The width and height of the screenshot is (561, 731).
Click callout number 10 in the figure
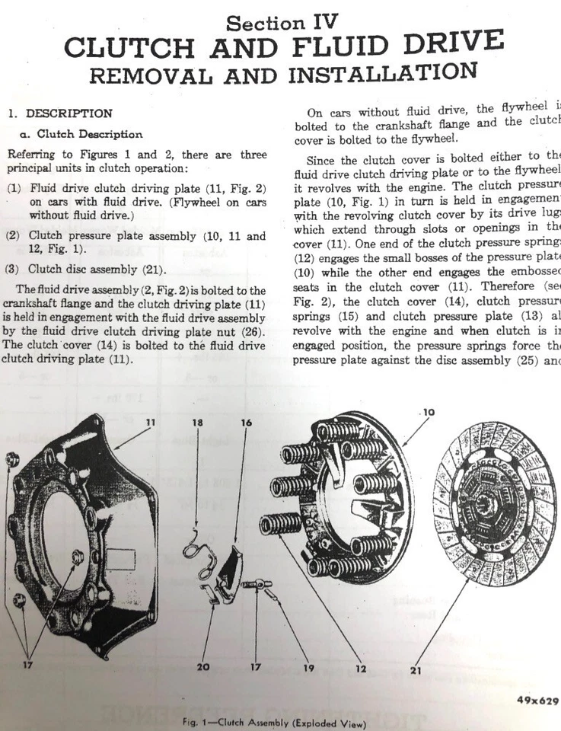(x=429, y=413)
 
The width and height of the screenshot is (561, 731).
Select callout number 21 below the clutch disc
(x=415, y=671)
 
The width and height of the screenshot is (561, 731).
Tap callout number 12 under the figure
(x=360, y=668)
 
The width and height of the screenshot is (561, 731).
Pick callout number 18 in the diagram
(x=198, y=422)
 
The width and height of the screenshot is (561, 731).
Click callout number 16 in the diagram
(x=246, y=422)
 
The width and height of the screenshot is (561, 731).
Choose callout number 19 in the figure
(x=308, y=668)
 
